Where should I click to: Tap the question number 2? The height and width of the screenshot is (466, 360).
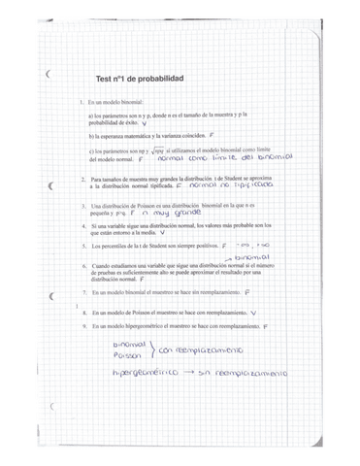pyautogui.click(x=82, y=180)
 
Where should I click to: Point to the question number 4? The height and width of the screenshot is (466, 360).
pyautogui.click(x=82, y=225)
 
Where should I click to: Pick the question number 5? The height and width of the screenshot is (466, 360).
pyautogui.click(x=82, y=247)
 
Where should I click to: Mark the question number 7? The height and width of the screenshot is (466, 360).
pyautogui.click(x=82, y=291)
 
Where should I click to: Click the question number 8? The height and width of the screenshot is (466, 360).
pyautogui.click(x=82, y=314)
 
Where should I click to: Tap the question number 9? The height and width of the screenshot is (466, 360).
pyautogui.click(x=82, y=328)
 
